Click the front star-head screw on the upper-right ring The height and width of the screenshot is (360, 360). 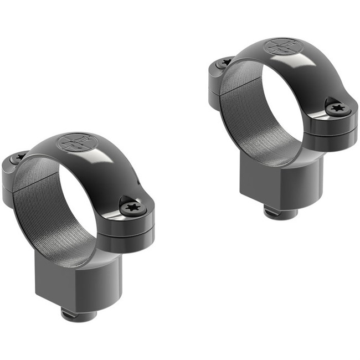pyautogui.click(x=337, y=108)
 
